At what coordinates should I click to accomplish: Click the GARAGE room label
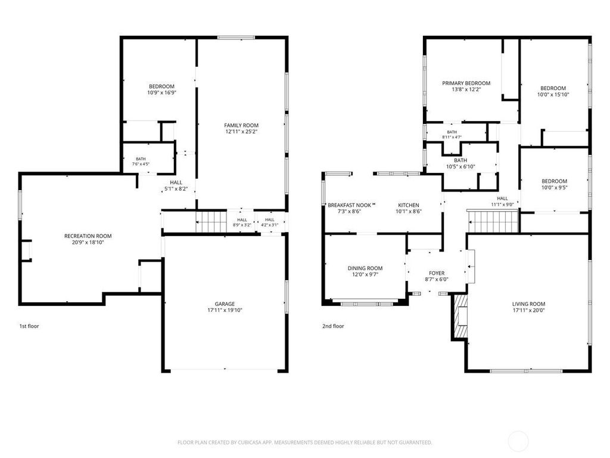[225, 304]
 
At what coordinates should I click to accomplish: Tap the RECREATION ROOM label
[88, 236]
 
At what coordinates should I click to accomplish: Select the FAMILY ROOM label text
[241, 125]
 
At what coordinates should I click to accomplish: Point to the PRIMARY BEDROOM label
[466, 83]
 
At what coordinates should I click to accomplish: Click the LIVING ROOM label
[529, 304]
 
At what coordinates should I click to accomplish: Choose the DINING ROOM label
[365, 268]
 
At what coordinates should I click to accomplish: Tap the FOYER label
[437, 273]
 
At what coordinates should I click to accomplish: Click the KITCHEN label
[409, 205]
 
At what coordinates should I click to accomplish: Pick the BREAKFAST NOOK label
[349, 205]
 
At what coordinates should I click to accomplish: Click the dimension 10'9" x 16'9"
[162, 92]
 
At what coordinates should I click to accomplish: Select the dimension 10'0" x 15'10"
[553, 95]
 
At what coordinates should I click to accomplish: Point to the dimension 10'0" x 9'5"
[555, 187]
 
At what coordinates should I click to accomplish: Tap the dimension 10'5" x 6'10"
[460, 167]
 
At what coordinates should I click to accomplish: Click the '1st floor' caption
[29, 326]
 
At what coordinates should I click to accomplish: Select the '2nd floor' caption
[333, 326]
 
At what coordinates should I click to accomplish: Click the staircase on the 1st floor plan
[211, 222]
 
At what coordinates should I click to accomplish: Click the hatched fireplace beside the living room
[460, 316]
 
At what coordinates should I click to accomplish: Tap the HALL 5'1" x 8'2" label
[176, 186]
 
